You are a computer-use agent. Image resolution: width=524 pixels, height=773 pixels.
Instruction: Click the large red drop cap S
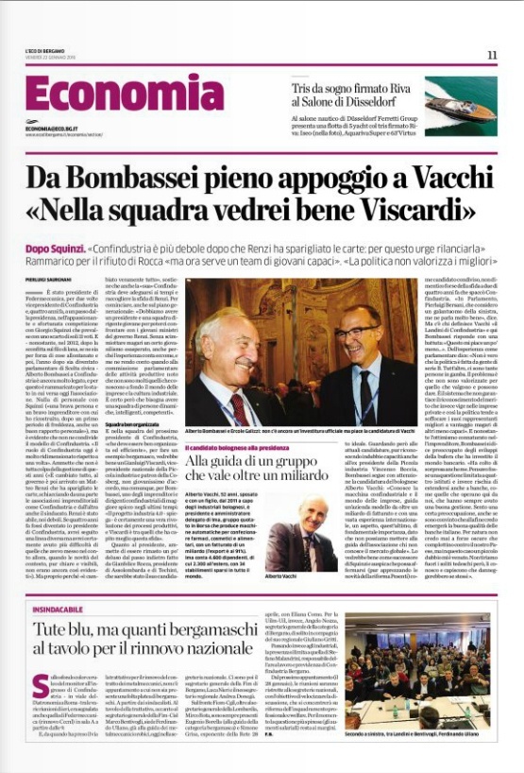tap(40, 687)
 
